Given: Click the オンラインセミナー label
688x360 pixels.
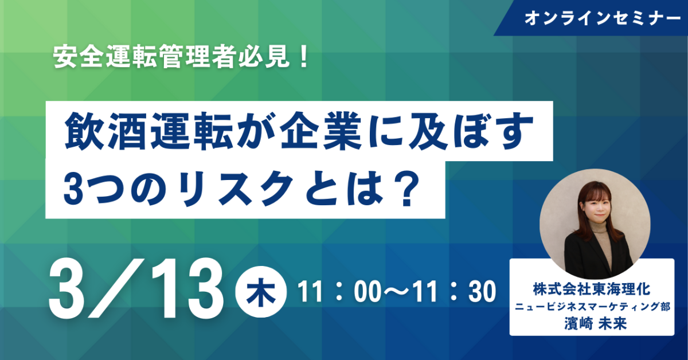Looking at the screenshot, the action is tap(603, 18).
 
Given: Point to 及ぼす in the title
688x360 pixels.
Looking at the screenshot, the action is tap(468, 131).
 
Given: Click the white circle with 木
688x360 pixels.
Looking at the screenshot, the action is tap(261, 292).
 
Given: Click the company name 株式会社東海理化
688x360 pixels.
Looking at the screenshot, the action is tap(592, 289).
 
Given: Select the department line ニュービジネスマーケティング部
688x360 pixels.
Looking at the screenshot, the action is tap(592, 307).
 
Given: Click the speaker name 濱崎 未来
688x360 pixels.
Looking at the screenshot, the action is tap(595, 323).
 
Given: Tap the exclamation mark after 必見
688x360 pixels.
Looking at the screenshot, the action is tap(304, 57).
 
